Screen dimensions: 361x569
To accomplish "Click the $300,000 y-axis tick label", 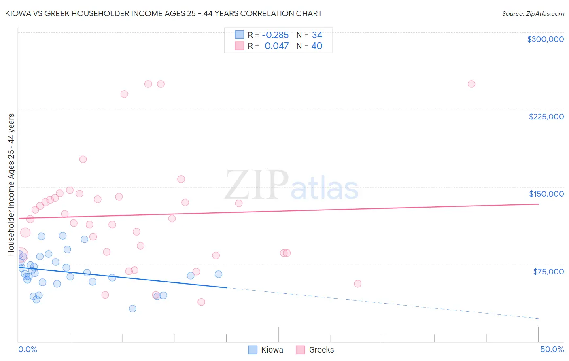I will [x=545, y=39].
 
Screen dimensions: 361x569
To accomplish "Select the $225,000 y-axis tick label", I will [x=546, y=117].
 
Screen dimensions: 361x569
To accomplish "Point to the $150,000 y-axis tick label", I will [x=546, y=194].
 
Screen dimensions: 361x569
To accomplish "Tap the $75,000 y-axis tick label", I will [x=548, y=272].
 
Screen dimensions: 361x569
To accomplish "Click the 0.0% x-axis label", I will [x=28, y=349].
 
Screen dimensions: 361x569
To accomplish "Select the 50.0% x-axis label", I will [x=552, y=349].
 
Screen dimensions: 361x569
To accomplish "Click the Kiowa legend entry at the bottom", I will [x=265, y=350].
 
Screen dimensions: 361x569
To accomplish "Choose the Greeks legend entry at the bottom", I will [x=315, y=350].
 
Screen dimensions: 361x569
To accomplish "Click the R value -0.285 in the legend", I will [x=275, y=35].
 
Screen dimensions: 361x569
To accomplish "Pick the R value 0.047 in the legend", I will [x=276, y=46].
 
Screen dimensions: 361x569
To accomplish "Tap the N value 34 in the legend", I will [x=317, y=35].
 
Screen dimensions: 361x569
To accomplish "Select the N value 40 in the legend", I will [x=317, y=46].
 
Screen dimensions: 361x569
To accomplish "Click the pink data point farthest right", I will [x=471, y=84].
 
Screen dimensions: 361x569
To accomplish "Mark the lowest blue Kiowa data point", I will [x=132, y=308].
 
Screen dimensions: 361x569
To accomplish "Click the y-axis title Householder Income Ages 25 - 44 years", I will [x=11, y=184].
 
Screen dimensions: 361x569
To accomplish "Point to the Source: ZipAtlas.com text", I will [x=533, y=14].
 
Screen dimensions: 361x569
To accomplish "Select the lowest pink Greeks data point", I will [x=201, y=302].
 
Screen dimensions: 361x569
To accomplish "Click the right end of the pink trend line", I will [x=538, y=204].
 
